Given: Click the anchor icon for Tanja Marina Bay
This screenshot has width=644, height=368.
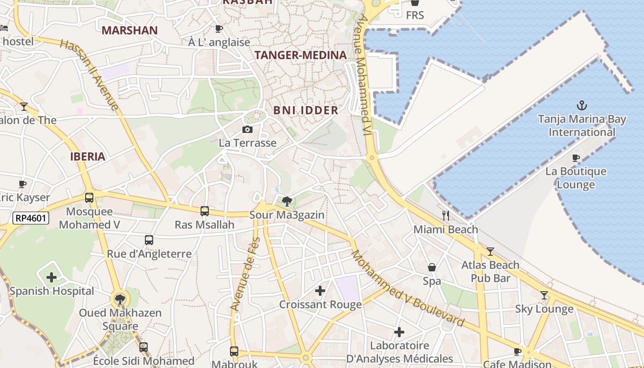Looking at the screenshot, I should pyautogui.click(x=582, y=105).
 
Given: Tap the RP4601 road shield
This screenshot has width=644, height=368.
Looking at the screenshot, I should pyautogui.click(x=31, y=218).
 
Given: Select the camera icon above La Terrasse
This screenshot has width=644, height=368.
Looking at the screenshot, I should pyautogui.click(x=247, y=129).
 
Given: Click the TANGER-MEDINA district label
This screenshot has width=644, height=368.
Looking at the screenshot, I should pyautogui.click(x=300, y=55).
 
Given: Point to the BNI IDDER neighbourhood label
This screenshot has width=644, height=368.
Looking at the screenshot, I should pyautogui.click(x=306, y=110).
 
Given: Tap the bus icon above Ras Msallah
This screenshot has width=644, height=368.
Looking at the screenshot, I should pyautogui.click(x=205, y=211).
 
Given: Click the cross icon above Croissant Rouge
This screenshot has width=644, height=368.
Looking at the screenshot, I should pyautogui.click(x=320, y=291).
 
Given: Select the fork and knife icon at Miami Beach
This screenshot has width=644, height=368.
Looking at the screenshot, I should pyautogui.click(x=445, y=215).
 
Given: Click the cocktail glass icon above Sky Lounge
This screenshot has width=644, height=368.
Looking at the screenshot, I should pyautogui.click(x=544, y=295).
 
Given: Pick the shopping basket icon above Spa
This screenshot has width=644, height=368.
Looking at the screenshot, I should pyautogui.click(x=432, y=267).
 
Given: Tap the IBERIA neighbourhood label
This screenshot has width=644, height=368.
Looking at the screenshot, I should pyautogui.click(x=88, y=156).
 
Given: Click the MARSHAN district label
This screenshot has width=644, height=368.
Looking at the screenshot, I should pyautogui.click(x=130, y=31).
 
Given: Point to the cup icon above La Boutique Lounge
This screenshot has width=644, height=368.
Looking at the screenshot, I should pyautogui.click(x=575, y=158).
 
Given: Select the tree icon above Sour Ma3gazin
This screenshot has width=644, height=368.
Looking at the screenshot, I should pyautogui.click(x=287, y=201).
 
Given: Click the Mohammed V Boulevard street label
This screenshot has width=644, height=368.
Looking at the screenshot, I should pyautogui.click(x=407, y=289).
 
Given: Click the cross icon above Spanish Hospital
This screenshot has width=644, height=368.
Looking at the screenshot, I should pyautogui.click(x=52, y=277).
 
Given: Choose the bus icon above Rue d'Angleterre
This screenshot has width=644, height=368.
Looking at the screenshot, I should pyautogui.click(x=149, y=240).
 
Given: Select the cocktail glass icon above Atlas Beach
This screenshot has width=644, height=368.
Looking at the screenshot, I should pyautogui.click(x=490, y=252).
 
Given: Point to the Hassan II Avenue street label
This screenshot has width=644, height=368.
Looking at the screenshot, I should pyautogui.click(x=90, y=75).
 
